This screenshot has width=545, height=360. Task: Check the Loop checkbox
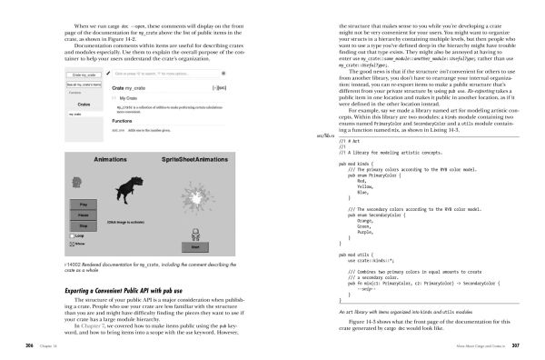(73, 235)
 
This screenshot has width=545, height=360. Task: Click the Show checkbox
(73, 244)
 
